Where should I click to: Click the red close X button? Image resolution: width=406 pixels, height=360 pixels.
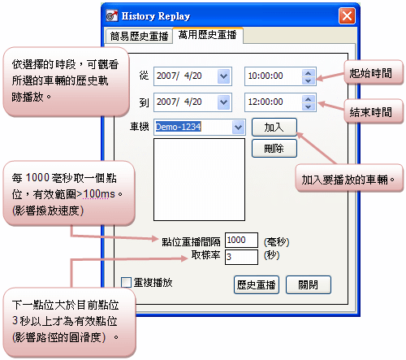(x=347, y=16)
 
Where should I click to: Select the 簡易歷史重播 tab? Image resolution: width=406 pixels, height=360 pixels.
(x=139, y=36)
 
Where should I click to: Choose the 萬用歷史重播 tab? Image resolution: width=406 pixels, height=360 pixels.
(x=207, y=35)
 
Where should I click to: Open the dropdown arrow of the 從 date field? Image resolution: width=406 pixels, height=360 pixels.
(x=223, y=76)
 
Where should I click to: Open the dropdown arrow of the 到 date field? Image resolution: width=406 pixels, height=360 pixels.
(x=223, y=102)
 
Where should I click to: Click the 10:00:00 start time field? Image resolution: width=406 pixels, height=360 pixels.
(x=274, y=76)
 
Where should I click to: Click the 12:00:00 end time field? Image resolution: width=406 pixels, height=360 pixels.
(x=274, y=102)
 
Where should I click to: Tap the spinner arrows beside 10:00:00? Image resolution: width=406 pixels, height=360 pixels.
(x=308, y=76)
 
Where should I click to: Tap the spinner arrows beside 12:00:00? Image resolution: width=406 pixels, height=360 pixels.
(x=308, y=102)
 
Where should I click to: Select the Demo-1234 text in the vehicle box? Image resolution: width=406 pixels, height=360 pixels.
(x=178, y=127)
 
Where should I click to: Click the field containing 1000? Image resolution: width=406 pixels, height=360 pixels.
(x=241, y=240)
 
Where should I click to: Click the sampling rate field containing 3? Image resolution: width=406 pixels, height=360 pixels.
(x=241, y=257)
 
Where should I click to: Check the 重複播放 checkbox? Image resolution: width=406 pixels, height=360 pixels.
(x=126, y=282)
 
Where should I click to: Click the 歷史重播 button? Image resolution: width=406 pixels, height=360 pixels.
(x=257, y=284)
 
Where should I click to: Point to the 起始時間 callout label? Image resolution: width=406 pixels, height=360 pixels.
(x=370, y=73)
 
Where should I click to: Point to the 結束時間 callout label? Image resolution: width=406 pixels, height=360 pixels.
(x=370, y=112)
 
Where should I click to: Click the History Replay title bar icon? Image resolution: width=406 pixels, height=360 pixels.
(x=112, y=16)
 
